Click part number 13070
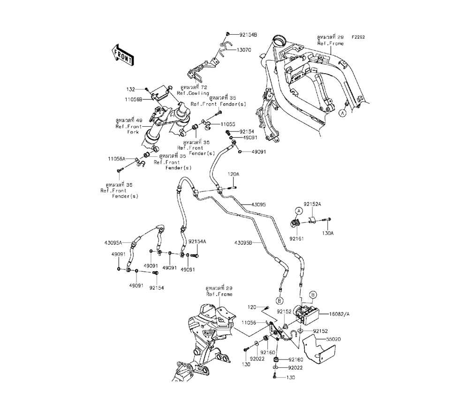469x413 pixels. coord(244,49)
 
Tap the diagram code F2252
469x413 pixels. coord(359,36)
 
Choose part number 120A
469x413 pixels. coord(233,174)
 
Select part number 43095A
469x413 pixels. coord(113,243)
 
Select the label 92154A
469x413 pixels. coord(197,241)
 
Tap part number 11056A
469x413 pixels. coord(115,159)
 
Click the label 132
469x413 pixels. coord(130,88)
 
